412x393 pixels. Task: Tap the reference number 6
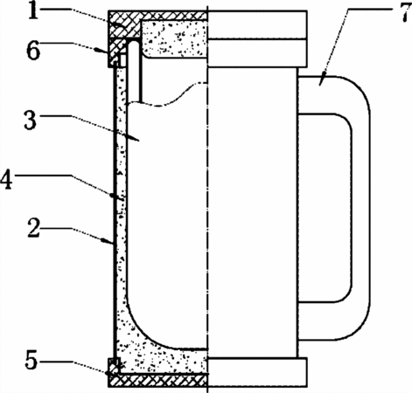[33, 51]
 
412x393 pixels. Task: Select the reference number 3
[31, 121]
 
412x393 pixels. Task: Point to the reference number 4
[6, 181]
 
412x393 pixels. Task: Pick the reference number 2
[34, 229]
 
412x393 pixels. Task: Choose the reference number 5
[31, 361]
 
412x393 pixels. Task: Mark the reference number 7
[405, 12]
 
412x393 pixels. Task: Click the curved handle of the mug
[361, 208]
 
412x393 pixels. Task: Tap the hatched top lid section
[157, 16]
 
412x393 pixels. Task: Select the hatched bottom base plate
[157, 380]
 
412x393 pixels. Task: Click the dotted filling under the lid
[174, 38]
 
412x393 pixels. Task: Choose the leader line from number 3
[90, 128]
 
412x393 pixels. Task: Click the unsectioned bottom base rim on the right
[257, 372]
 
